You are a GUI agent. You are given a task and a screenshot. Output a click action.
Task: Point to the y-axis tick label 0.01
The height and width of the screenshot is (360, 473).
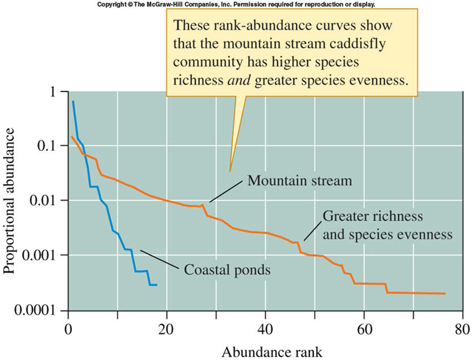(43, 201)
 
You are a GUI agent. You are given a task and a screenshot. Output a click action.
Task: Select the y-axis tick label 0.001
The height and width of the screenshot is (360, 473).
(39, 255)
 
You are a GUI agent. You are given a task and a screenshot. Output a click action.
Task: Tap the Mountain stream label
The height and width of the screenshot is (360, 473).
(300, 181)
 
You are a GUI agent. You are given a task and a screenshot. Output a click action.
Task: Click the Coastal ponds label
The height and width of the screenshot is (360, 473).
(227, 269)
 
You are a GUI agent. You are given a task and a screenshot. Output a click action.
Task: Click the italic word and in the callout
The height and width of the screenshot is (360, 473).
(241, 80)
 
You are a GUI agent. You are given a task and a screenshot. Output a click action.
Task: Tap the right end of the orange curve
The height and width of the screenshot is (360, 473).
(445, 294)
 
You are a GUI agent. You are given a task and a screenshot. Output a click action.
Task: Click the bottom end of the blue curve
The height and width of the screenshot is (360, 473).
(157, 285)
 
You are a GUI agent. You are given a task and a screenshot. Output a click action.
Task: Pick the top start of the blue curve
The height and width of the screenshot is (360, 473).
(73, 101)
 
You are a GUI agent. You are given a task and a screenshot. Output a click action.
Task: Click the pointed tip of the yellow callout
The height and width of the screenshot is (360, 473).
(230, 171)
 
